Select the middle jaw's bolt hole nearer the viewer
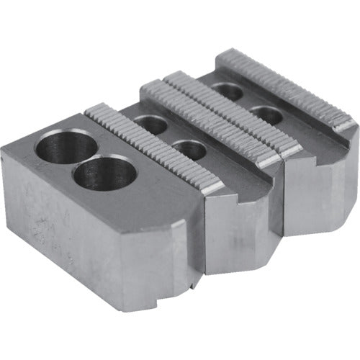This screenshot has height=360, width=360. [189, 150]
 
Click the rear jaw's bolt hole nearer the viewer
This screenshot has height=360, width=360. [268, 114]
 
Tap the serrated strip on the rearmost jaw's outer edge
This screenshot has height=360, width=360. [288, 86]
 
